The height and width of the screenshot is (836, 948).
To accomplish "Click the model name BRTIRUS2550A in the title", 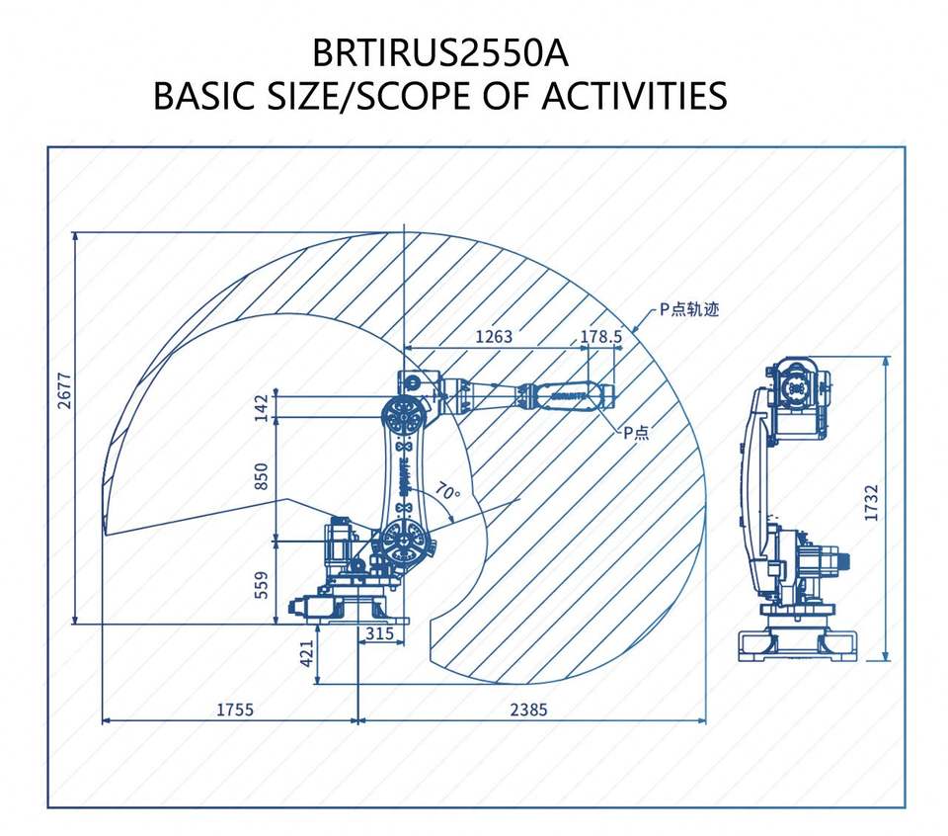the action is click(440, 53).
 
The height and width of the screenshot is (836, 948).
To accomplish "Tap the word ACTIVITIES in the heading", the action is click(634, 96).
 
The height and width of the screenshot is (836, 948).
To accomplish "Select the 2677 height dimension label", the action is click(64, 390).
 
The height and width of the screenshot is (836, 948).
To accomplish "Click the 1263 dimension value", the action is click(494, 336).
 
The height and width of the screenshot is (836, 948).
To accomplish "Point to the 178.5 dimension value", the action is click(601, 336).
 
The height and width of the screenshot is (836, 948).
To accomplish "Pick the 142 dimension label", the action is click(261, 407).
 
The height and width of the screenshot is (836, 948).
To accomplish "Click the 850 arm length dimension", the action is click(261, 477).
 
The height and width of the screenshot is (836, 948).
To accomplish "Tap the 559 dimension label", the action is click(261, 584).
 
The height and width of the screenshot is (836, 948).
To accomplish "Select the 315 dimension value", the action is click(380, 633).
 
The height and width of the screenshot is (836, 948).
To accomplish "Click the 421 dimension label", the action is click(307, 654).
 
